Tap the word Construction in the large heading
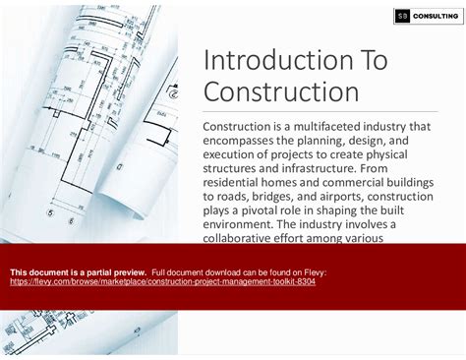tap(280, 92)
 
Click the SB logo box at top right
tap(402, 15)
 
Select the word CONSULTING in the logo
tap(434, 15)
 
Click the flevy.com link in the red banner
tap(162, 281)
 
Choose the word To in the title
tap(371, 60)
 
